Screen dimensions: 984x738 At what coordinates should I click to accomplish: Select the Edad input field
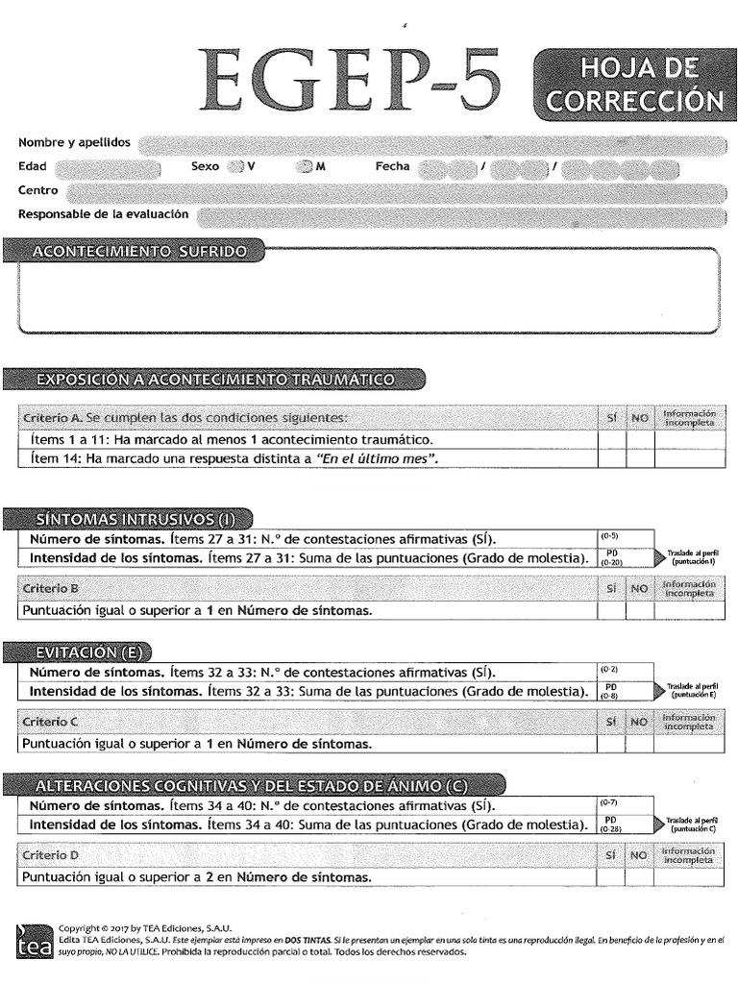tap(107, 167)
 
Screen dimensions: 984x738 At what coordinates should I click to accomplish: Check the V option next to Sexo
tap(235, 167)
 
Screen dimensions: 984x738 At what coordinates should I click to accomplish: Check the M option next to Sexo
tap(305, 167)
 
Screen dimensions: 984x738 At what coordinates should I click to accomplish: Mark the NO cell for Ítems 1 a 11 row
tap(639, 440)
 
